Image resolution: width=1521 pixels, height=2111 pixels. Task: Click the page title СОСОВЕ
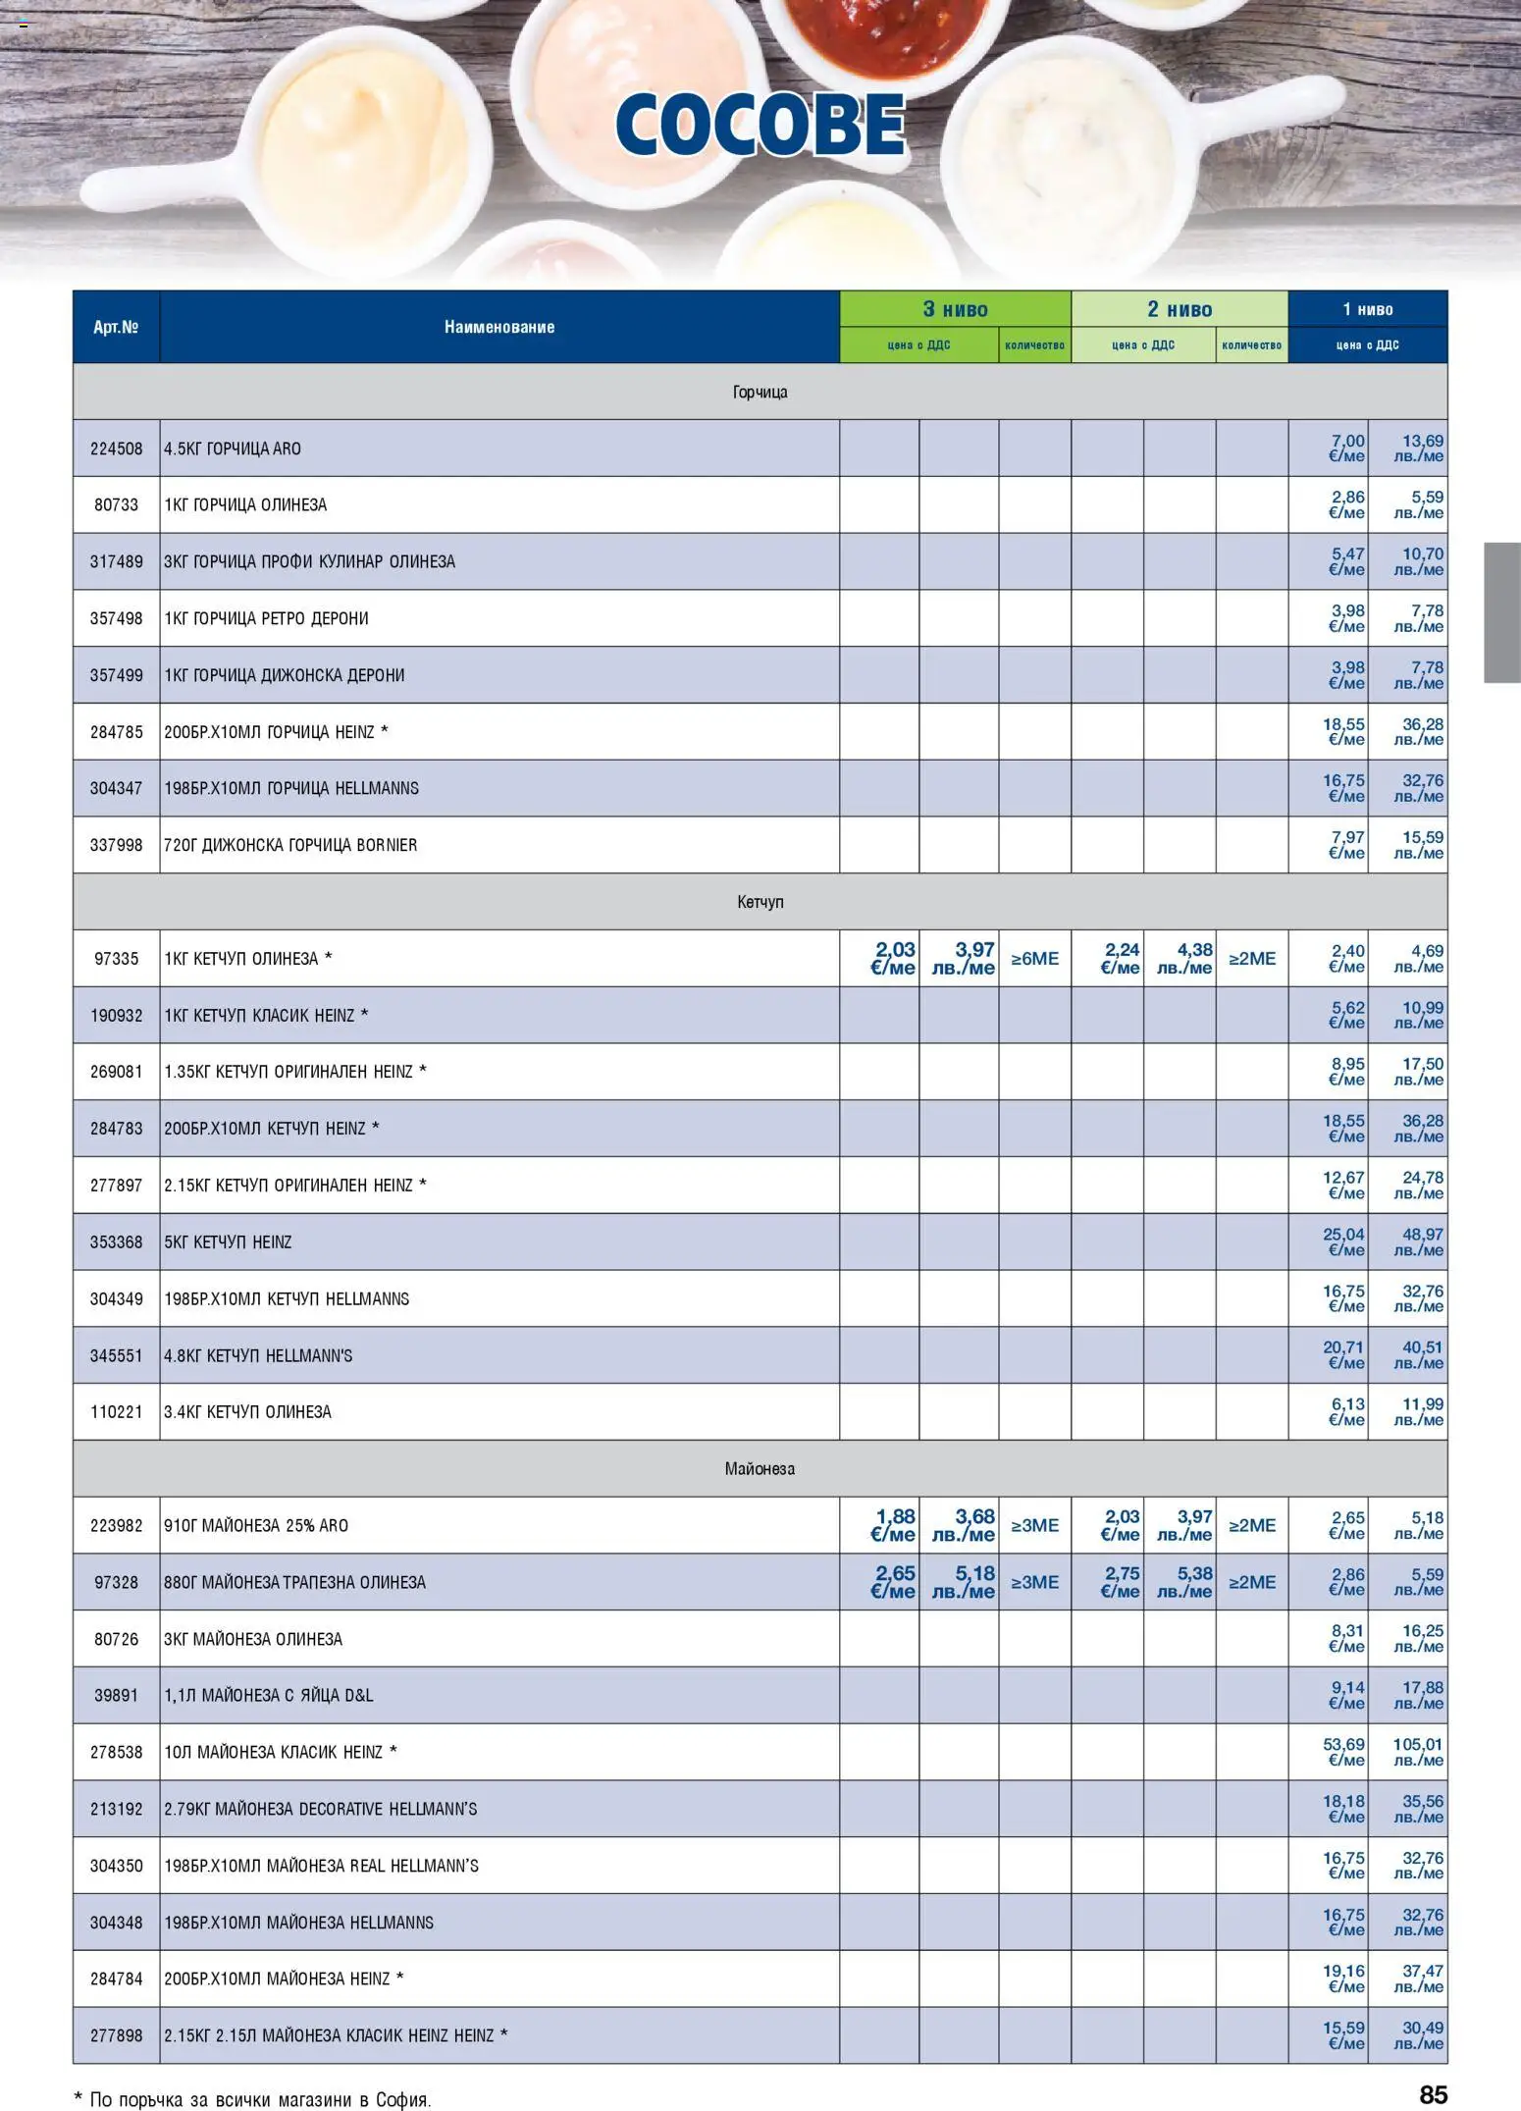(x=760, y=125)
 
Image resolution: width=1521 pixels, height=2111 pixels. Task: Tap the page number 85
(x=1433, y=2094)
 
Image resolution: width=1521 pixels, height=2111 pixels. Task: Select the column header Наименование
(x=498, y=327)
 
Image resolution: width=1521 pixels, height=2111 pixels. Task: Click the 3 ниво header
(x=955, y=309)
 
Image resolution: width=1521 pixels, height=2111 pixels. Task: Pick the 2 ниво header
(x=1179, y=309)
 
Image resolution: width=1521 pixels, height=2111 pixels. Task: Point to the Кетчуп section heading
(x=760, y=901)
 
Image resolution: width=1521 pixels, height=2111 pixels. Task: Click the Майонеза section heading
(x=760, y=1468)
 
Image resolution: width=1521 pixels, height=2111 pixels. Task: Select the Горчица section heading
(x=760, y=392)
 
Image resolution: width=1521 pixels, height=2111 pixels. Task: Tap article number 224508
(x=116, y=449)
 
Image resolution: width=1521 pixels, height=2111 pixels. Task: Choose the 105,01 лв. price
(x=1417, y=1752)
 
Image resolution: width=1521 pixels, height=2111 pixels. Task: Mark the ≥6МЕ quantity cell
(x=1034, y=958)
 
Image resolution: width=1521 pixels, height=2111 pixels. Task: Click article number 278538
(x=116, y=1752)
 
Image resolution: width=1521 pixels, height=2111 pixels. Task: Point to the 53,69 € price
(x=1343, y=1752)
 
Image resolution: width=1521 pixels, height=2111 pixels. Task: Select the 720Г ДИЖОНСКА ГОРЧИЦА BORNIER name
(x=290, y=845)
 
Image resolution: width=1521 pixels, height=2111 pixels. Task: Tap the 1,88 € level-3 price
(x=893, y=1525)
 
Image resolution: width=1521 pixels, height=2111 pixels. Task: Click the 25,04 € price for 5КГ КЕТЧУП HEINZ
(x=1343, y=1241)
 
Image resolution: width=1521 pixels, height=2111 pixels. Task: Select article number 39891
(x=116, y=1695)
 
